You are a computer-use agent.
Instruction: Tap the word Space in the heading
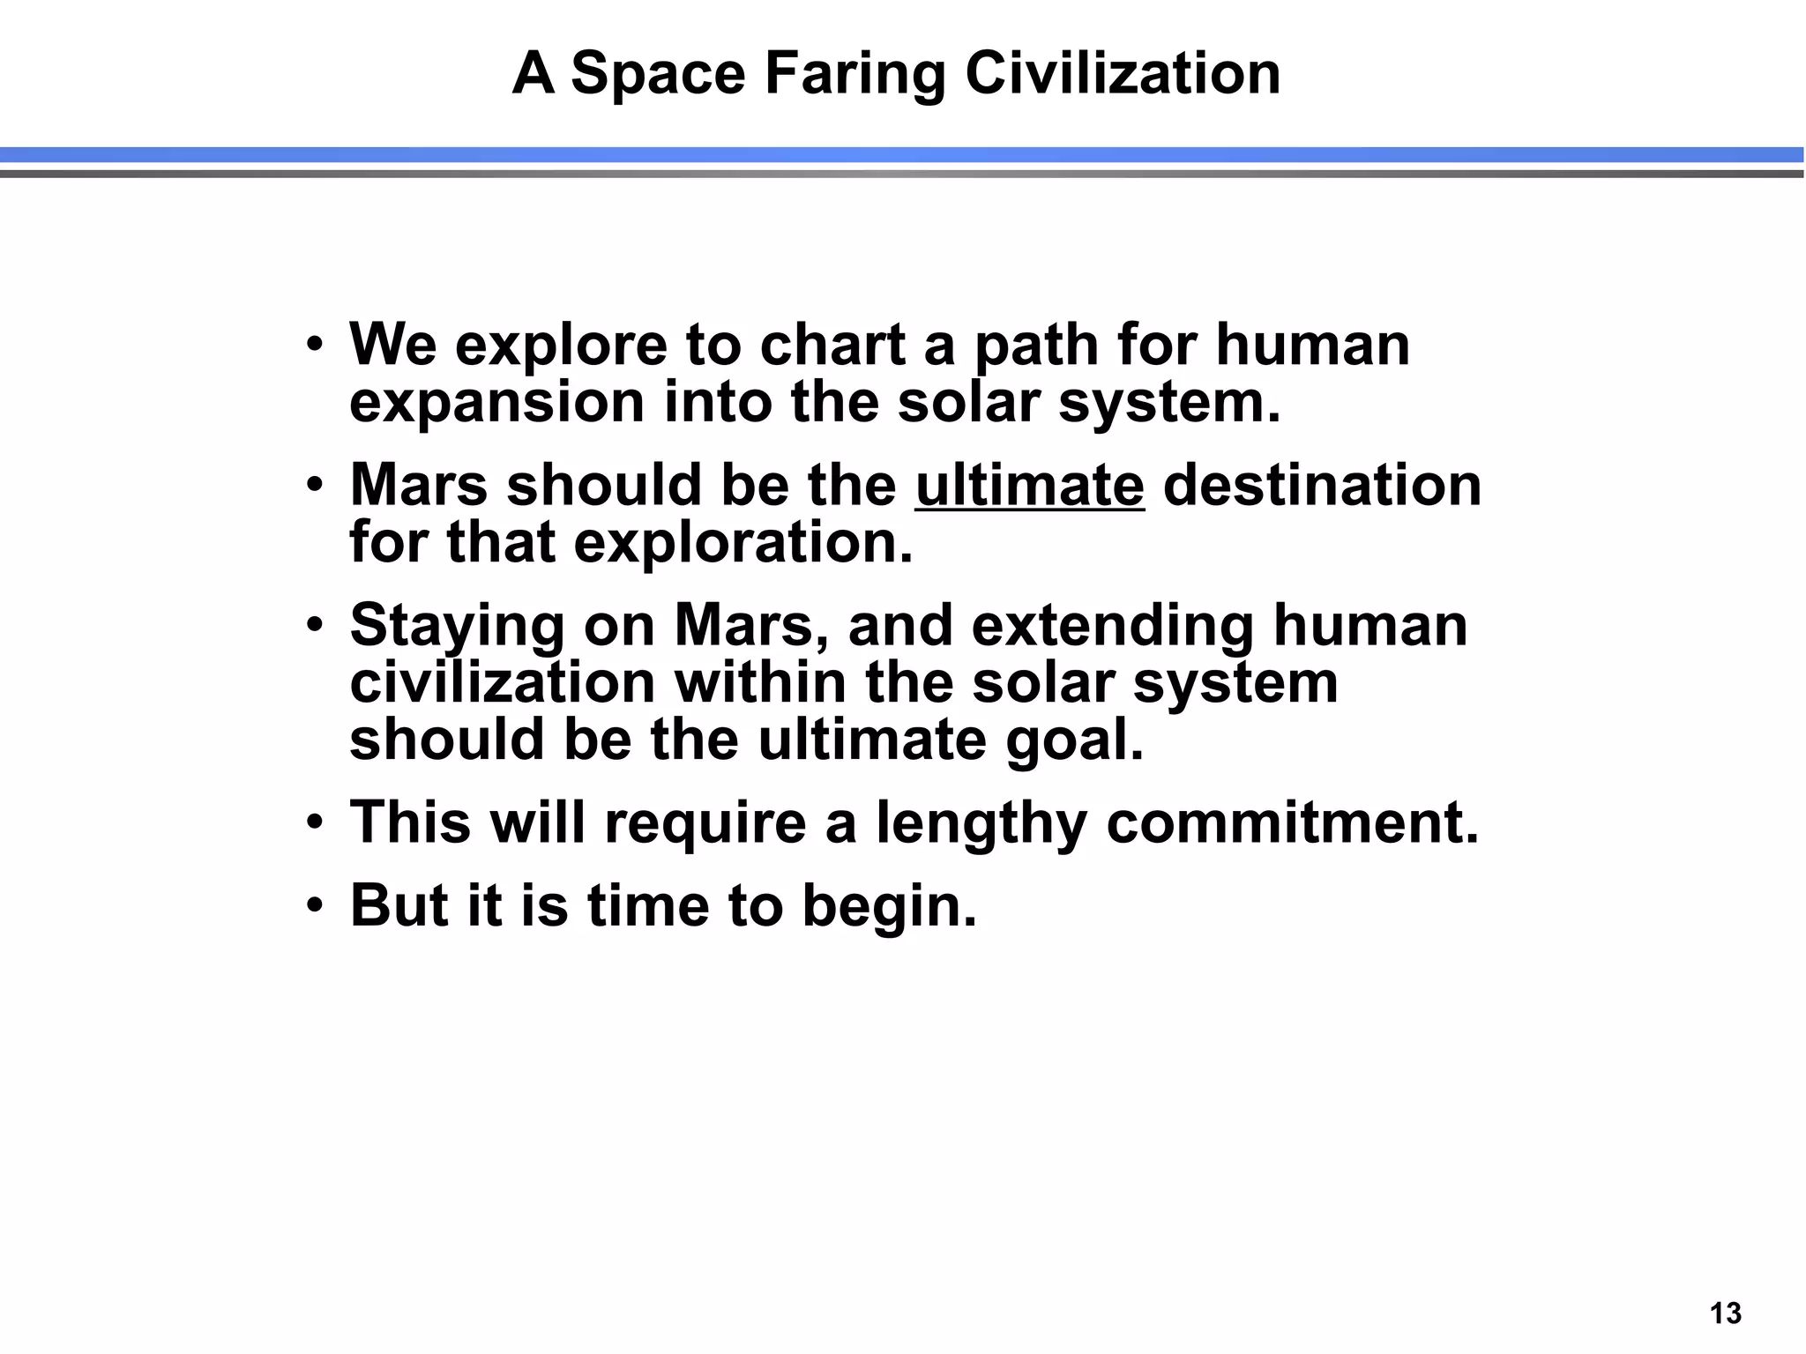[x=658, y=74]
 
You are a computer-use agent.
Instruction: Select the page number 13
[x=1726, y=1313]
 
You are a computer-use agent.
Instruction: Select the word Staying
[x=457, y=628]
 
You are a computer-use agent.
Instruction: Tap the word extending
[x=1112, y=628]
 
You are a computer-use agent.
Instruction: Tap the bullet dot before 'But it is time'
[x=316, y=907]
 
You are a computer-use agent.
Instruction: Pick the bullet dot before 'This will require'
[x=316, y=823]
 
